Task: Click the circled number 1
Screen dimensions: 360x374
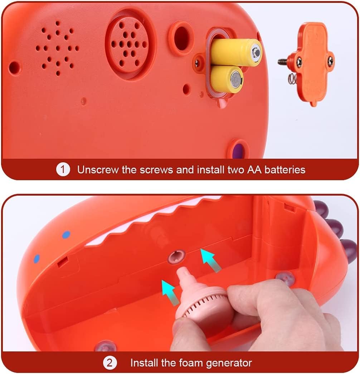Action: click(x=63, y=169)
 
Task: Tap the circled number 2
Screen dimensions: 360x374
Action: click(x=110, y=363)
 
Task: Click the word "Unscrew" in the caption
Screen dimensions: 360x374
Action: click(x=98, y=170)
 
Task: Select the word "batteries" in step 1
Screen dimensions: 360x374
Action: click(x=285, y=170)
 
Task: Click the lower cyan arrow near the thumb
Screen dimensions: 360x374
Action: click(x=170, y=292)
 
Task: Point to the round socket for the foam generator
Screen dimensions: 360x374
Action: click(x=176, y=256)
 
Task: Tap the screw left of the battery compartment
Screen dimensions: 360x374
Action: click(x=197, y=63)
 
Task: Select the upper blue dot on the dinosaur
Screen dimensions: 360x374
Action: click(x=66, y=235)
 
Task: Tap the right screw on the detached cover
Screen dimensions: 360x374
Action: click(x=330, y=61)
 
